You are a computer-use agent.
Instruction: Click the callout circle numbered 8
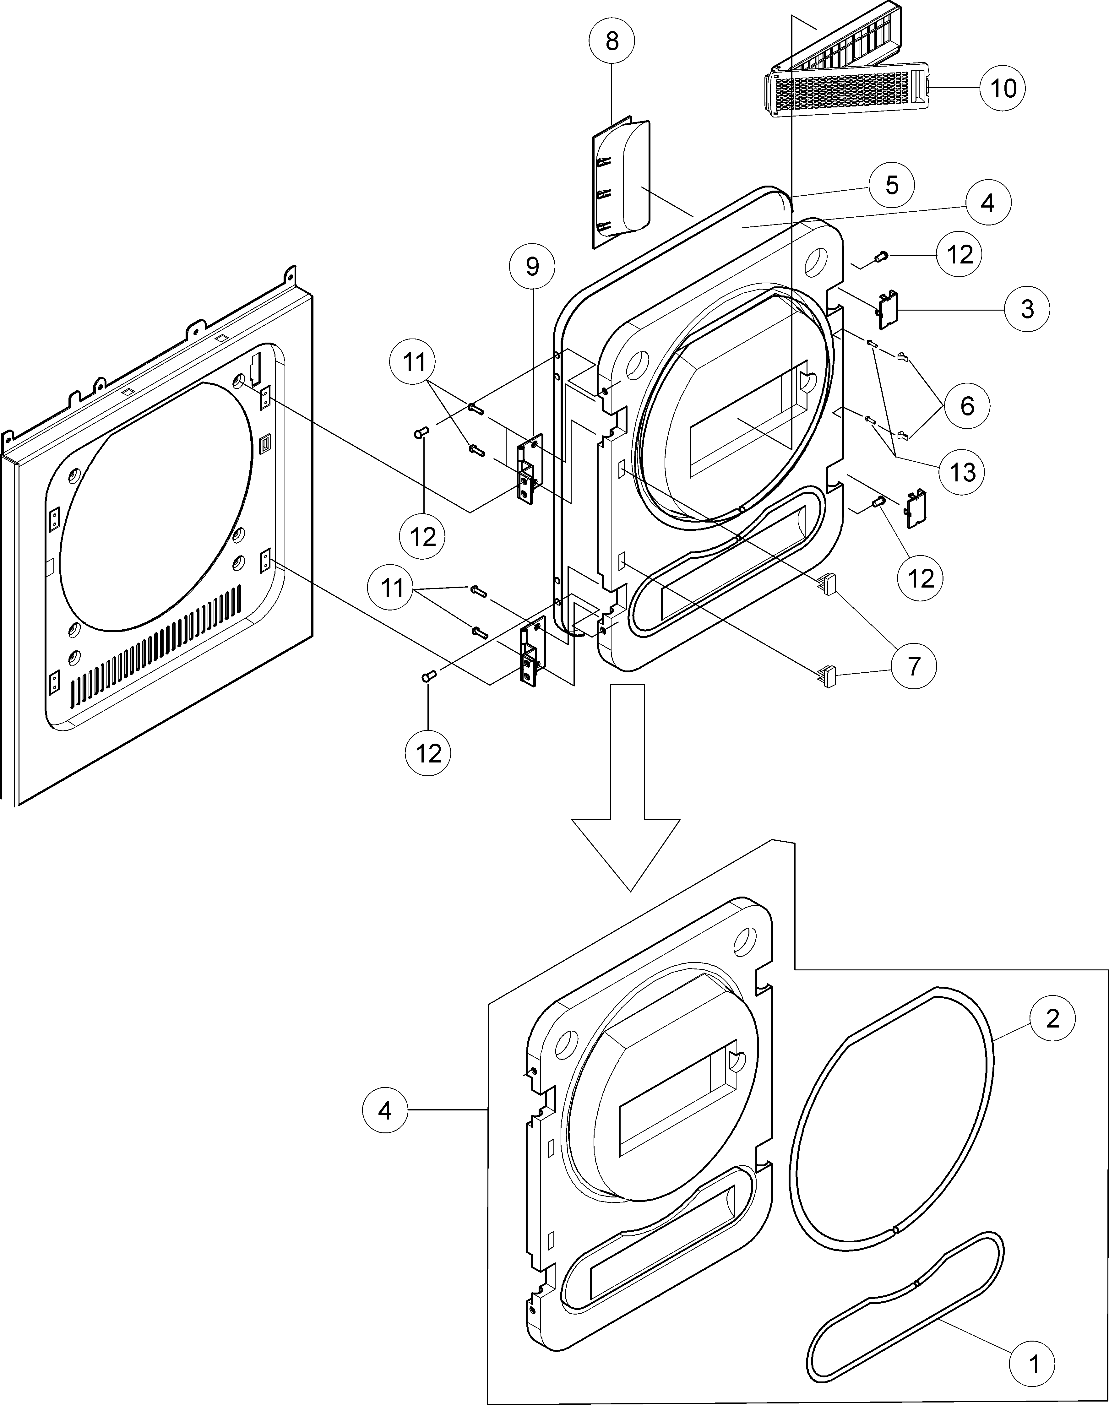coord(612,41)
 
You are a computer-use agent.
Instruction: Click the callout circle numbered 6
coord(967,406)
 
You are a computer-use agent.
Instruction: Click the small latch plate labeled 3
coord(887,308)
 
